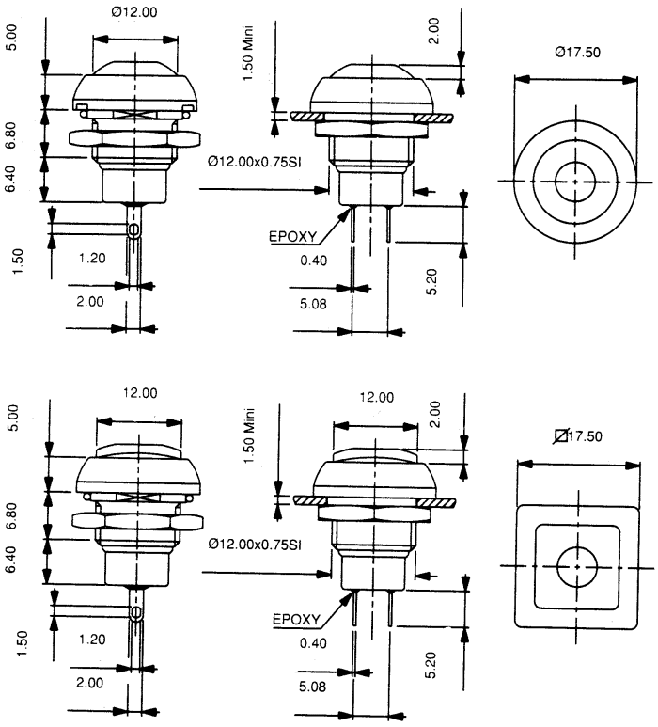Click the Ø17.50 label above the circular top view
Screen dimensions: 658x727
(577, 52)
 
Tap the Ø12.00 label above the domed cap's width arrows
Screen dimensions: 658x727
(134, 12)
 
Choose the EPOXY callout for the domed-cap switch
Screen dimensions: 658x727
(293, 237)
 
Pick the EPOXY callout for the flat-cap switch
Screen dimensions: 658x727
(296, 620)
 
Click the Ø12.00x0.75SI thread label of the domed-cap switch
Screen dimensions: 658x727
(255, 162)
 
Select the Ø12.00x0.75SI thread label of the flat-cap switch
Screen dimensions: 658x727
(255, 544)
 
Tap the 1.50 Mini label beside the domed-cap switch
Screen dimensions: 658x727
(248, 53)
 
